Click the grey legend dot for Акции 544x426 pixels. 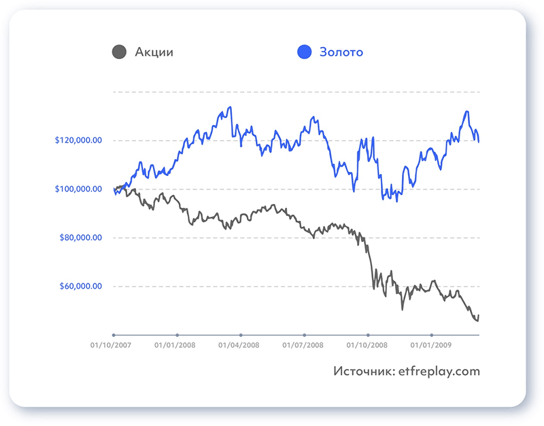tap(119, 52)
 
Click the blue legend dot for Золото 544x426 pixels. tap(305, 52)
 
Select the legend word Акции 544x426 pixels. tap(154, 52)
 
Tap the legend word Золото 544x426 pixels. tap(341, 52)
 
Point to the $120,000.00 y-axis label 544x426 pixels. tap(78, 141)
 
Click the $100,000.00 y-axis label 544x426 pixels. tap(78, 189)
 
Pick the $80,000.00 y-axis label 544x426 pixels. tap(80, 238)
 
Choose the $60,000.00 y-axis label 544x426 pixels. tap(80, 286)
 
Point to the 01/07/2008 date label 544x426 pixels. tap(304, 345)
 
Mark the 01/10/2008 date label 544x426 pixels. tap(368, 345)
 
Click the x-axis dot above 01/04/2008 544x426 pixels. tap(241, 335)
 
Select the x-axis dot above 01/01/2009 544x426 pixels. tap(432, 335)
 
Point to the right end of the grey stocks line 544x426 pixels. tap(479, 316)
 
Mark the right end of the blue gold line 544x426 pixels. tap(479, 142)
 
